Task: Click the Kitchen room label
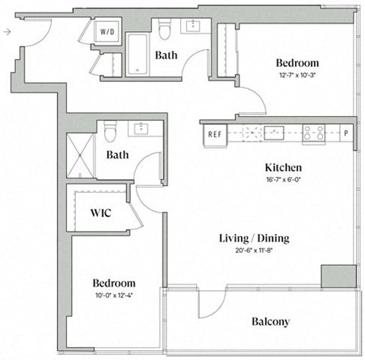tap(283, 167)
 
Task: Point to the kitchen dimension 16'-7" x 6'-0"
tap(283, 180)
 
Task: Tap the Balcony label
tap(270, 321)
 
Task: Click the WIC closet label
tap(101, 213)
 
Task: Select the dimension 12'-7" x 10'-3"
tap(297, 75)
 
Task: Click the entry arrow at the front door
tap(6, 32)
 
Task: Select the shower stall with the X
tap(80, 156)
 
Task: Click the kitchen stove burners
tap(313, 134)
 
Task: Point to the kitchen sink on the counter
tap(270, 134)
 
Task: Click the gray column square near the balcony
tap(338, 275)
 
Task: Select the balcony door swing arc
tap(211, 305)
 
